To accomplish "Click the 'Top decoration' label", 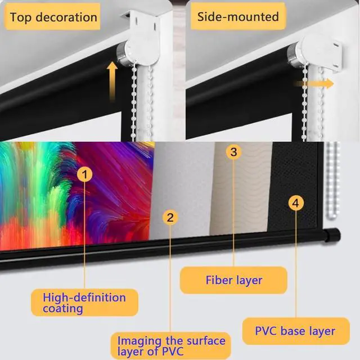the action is point(53,17).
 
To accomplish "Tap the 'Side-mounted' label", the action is point(238,16).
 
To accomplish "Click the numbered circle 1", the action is point(84,175).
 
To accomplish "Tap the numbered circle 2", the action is point(170,215).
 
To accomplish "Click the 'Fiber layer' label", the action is point(233,280).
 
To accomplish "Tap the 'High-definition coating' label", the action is point(85,302).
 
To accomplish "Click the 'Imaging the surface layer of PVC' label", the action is point(171,346).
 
